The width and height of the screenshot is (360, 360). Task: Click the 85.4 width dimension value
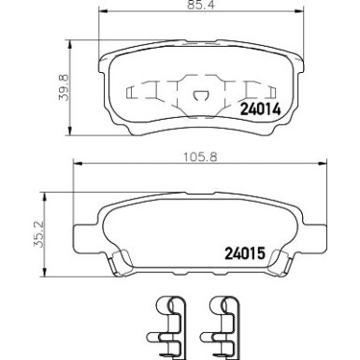pyautogui.click(x=202, y=6)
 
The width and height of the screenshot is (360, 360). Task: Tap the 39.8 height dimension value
pyautogui.click(x=65, y=87)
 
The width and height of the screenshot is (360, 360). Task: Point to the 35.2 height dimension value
pyautogui.click(x=39, y=234)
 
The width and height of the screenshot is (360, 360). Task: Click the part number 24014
pyautogui.click(x=260, y=109)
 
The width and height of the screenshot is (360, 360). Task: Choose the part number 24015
pyautogui.click(x=245, y=253)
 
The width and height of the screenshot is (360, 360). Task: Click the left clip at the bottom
pyautogui.click(x=167, y=327)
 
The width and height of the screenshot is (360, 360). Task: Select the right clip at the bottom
pyautogui.click(x=221, y=327)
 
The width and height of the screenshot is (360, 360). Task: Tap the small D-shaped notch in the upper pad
pyautogui.click(x=200, y=95)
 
